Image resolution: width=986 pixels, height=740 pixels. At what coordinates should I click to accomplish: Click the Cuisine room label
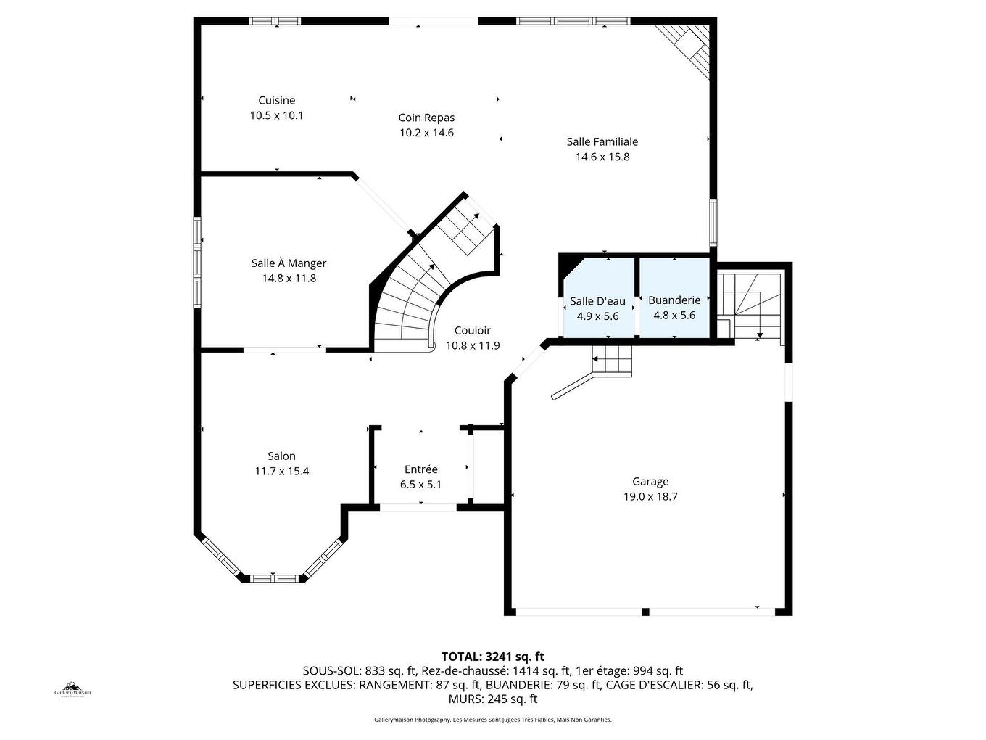click(276, 100)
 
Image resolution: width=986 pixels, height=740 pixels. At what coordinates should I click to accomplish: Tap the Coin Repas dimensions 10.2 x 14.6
click(426, 133)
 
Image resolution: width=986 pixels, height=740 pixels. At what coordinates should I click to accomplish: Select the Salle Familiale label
click(602, 142)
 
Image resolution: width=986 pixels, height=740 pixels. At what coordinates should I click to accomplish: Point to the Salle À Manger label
click(289, 263)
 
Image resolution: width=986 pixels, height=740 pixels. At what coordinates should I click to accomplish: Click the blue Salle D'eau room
click(599, 298)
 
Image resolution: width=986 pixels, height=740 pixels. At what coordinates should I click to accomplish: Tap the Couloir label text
click(472, 331)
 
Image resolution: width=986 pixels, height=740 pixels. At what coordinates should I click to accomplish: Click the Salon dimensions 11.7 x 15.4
click(281, 472)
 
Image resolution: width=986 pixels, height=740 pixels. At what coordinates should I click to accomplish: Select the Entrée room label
click(421, 469)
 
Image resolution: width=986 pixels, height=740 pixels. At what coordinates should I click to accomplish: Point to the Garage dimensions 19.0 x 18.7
click(650, 496)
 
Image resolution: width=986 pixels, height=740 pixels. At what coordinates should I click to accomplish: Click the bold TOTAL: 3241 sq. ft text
click(493, 657)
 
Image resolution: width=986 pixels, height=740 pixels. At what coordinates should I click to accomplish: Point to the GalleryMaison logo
click(72, 691)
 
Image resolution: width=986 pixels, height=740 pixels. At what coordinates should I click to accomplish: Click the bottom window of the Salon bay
click(274, 578)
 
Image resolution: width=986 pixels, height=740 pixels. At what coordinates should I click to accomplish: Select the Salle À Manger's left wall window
click(197, 263)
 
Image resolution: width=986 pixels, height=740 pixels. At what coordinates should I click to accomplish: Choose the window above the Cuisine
click(275, 20)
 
